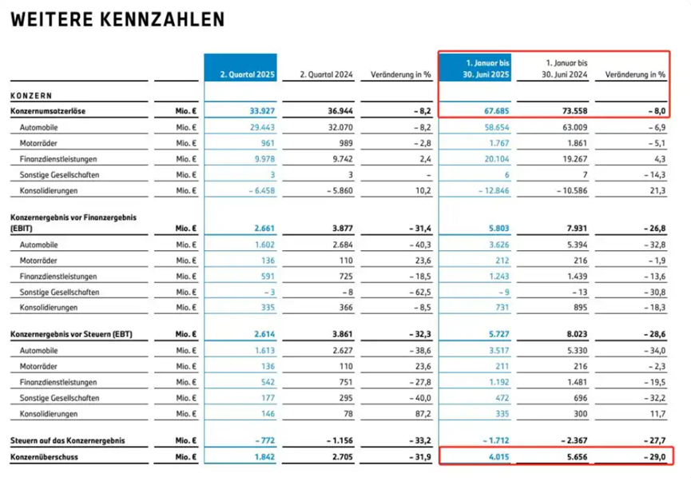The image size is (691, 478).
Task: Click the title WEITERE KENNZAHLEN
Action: click(117, 20)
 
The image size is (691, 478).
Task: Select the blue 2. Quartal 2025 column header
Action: click(240, 67)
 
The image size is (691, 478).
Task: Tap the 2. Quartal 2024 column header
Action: click(326, 74)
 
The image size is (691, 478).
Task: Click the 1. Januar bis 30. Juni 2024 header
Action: click(564, 69)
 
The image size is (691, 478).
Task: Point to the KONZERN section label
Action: click(31, 96)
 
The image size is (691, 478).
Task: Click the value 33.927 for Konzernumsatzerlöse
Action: click(262, 111)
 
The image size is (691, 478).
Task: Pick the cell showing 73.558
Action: click(574, 111)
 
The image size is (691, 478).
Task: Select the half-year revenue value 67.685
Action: click(496, 111)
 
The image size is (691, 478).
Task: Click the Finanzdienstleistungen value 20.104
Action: click(497, 159)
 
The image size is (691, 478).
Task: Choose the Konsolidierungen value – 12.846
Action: click(494, 191)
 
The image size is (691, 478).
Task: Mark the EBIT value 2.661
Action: click(264, 229)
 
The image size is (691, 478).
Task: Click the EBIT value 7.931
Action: click(577, 229)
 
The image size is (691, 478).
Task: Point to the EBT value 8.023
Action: click(577, 334)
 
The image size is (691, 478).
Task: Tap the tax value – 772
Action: click(265, 440)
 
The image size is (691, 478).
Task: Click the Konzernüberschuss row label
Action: click(44, 457)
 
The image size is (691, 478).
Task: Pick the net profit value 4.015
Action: click(498, 457)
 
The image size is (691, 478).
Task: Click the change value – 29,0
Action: click(654, 457)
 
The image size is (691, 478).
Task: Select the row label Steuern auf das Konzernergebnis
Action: click(68, 440)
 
